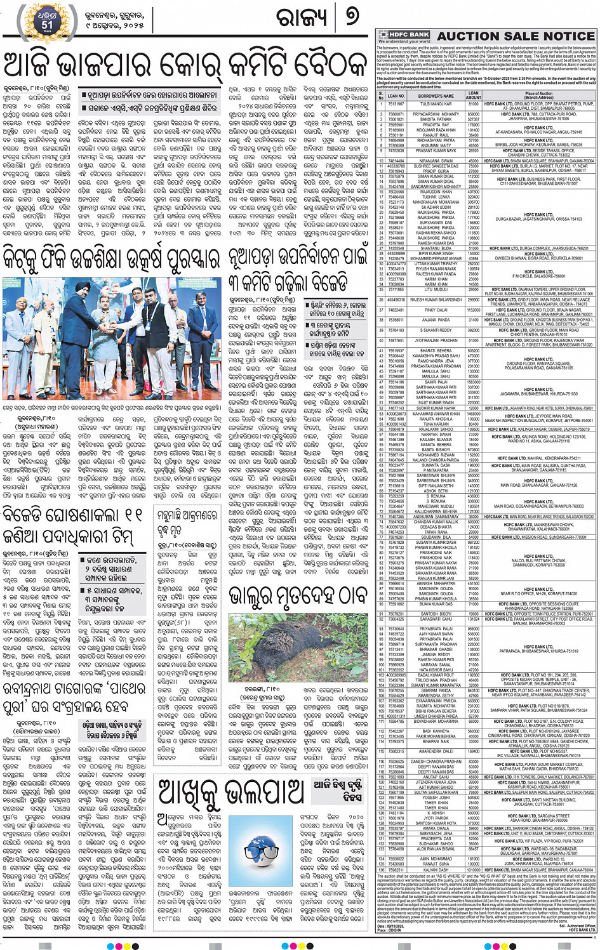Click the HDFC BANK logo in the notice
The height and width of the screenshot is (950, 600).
pyautogui.click(x=405, y=34)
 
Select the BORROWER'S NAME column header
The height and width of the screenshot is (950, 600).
pyautogui.click(x=436, y=96)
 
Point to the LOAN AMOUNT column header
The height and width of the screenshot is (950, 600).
pyautogui.click(x=474, y=96)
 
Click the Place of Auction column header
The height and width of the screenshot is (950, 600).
pyautogui.click(x=538, y=96)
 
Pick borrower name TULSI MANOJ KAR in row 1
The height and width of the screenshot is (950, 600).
pyautogui.click(x=436, y=104)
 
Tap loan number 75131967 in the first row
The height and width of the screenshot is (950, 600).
pyautogui.click(x=396, y=104)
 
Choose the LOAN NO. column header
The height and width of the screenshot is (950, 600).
pyautogui.click(x=396, y=96)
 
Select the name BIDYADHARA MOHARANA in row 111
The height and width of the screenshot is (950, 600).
pyautogui.click(x=436, y=722)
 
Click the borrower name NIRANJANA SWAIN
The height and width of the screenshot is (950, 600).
pyautogui.click(x=436, y=161)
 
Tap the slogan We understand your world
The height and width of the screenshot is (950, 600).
pyautogui.click(x=404, y=41)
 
